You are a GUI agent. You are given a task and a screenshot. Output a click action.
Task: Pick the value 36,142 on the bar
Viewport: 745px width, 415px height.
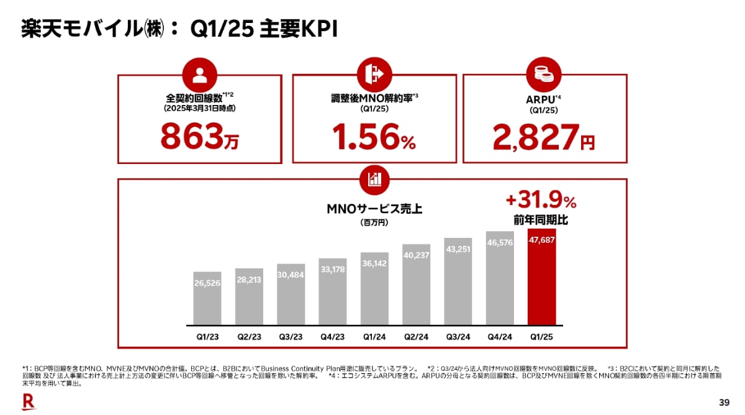point(374,263)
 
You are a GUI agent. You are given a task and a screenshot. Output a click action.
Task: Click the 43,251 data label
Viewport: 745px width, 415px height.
point(458,249)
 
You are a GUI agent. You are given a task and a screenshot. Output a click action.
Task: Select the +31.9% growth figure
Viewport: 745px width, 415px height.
point(541,202)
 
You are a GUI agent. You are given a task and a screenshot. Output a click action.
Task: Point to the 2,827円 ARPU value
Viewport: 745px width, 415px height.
point(543,137)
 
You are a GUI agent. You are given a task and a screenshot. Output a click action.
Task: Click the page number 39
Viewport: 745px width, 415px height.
point(724,401)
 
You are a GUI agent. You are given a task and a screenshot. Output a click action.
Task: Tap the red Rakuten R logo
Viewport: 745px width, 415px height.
point(28,401)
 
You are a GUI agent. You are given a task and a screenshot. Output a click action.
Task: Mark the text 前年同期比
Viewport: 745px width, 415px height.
point(541,221)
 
